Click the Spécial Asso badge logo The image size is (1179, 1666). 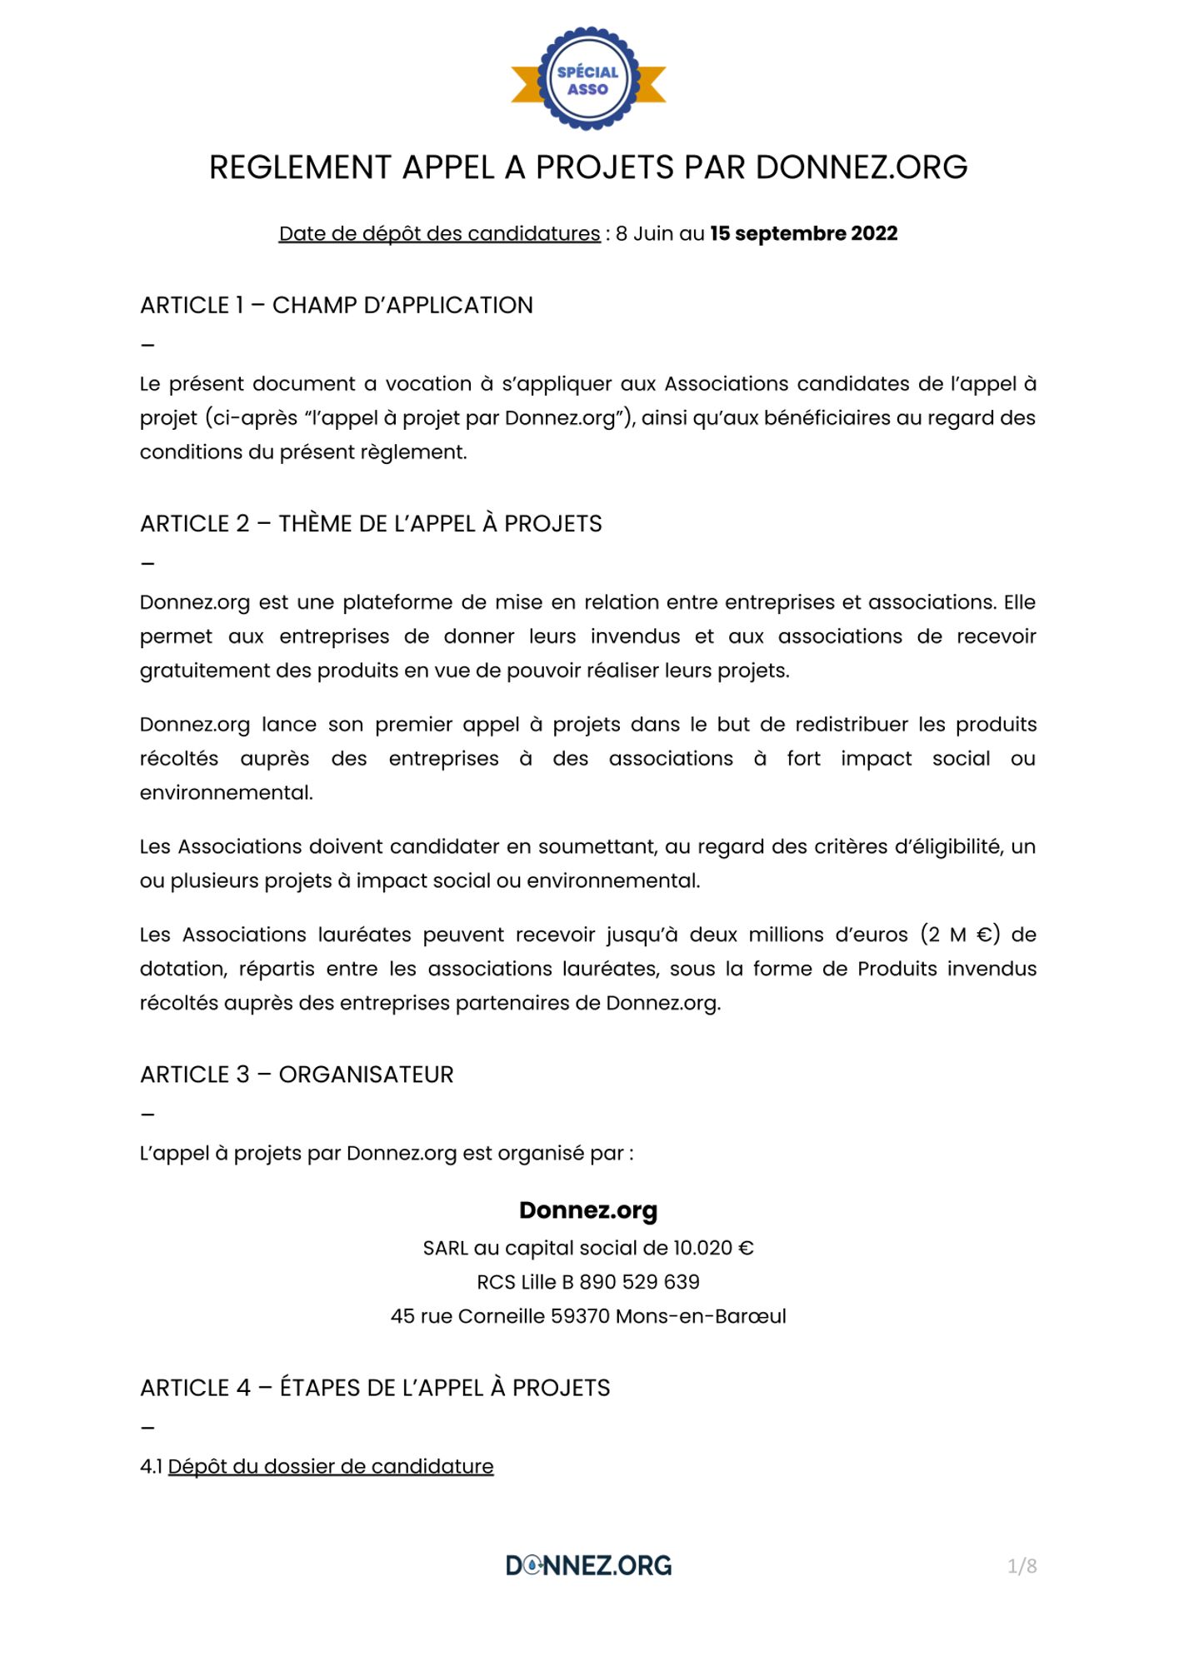588,80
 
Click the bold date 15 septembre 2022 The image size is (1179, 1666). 803,233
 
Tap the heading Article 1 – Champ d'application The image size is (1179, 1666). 337,305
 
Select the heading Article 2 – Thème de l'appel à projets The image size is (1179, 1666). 371,523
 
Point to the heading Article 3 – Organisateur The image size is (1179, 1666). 297,1075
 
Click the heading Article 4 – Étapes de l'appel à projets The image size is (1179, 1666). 375,1388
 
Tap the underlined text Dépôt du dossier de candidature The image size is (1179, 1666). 331,1466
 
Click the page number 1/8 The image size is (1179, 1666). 1022,1566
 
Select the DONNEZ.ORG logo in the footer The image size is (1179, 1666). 588,1565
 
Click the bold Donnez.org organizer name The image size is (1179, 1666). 588,1210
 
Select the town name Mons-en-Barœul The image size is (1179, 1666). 701,1316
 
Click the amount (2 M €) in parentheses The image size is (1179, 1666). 960,935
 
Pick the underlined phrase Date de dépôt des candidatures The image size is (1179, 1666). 439,233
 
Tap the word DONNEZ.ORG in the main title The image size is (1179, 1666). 862,167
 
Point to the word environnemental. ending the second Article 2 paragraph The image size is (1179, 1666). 227,793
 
